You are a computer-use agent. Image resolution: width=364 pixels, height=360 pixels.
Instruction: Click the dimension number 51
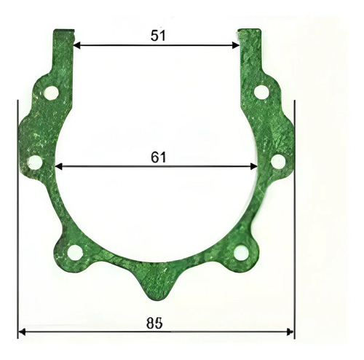click(x=158, y=36)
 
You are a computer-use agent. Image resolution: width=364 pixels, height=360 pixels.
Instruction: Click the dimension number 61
click(x=159, y=157)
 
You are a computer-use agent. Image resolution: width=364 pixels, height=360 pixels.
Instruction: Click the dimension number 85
click(x=154, y=324)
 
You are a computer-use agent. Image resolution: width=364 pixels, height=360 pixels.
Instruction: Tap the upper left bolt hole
click(x=51, y=93)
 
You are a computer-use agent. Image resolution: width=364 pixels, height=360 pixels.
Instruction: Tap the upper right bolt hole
click(x=261, y=92)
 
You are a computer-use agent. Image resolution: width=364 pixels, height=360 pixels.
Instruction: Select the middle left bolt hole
click(x=35, y=163)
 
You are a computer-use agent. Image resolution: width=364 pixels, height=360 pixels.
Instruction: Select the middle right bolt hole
click(x=278, y=161)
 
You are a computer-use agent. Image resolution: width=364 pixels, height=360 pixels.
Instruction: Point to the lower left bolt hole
click(x=75, y=253)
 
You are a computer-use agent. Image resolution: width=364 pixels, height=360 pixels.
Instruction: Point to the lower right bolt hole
click(x=241, y=253)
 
